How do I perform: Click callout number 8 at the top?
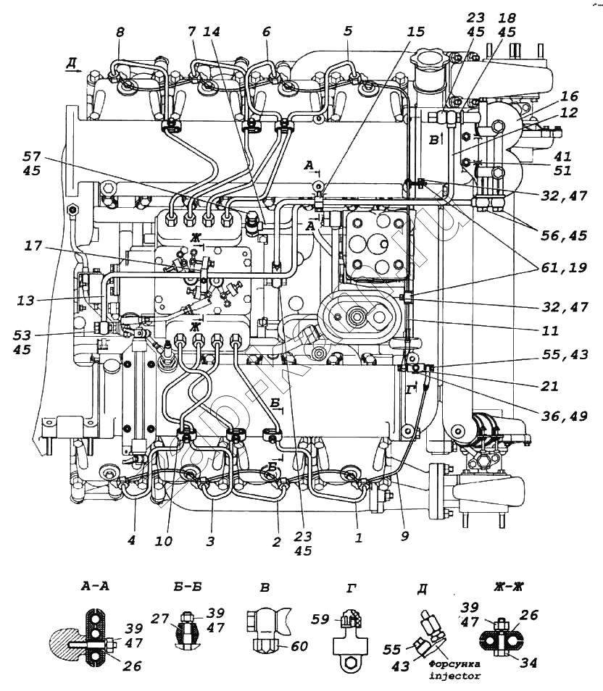120,32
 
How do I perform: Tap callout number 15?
415,32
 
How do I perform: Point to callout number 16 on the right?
569,95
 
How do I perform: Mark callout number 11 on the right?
551,331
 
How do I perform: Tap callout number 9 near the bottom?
404,537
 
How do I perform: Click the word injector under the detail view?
454,675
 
